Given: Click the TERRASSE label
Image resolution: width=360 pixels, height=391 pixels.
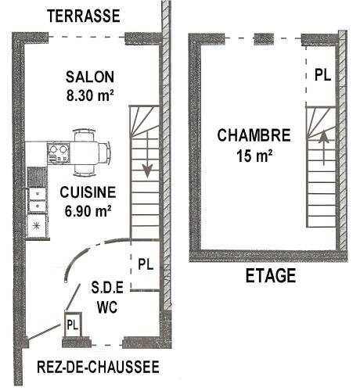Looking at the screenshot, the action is (84, 16).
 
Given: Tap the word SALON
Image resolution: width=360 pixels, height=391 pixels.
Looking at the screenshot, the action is (90, 77).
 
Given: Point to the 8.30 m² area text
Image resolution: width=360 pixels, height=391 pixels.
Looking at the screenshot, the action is (90, 95).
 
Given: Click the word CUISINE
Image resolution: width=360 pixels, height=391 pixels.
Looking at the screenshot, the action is (88, 192).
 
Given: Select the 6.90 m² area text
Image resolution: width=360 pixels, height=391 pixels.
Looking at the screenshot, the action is (88, 211).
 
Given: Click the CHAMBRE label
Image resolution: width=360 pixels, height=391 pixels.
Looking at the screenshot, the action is (254, 135).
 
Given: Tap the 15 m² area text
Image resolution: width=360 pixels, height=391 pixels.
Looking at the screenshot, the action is (254, 156).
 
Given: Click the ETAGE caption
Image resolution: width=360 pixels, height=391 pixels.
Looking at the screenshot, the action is (271, 276).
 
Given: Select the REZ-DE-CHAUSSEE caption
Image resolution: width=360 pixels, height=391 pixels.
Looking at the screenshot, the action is (98, 367).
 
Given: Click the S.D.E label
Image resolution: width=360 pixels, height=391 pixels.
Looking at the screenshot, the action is (107, 288).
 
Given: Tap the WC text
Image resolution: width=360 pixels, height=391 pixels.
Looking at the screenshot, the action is (107, 307).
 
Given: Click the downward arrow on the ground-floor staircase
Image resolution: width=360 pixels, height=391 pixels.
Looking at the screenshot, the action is (147, 155).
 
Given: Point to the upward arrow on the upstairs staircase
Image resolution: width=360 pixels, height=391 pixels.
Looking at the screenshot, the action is (324, 148).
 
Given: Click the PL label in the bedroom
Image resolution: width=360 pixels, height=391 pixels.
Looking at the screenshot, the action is (323, 75).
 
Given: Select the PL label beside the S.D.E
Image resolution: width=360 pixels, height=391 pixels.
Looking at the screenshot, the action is (146, 264).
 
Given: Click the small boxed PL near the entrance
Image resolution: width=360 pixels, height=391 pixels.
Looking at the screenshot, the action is (73, 325).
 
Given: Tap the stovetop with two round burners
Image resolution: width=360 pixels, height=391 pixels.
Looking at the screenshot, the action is (59, 153).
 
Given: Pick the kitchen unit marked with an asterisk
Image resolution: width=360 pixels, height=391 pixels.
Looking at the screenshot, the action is (37, 226).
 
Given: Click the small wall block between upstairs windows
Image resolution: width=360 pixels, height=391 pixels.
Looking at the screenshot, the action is (264, 39).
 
